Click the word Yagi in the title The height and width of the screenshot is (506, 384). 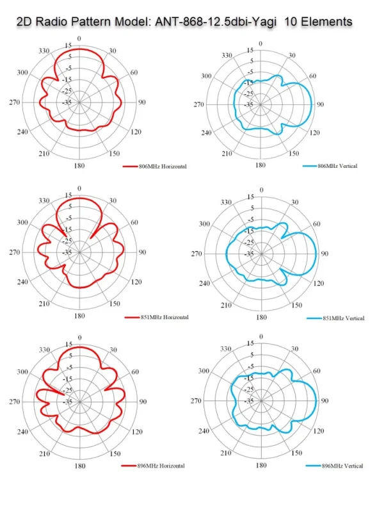point(263,22)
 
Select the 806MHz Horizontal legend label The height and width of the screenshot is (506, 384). point(163,167)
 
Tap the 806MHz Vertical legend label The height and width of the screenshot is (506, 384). point(337,166)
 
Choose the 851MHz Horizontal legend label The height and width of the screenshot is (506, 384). point(164,317)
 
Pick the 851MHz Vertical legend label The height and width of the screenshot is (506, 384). point(344,318)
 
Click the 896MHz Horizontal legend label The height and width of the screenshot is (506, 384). point(161,466)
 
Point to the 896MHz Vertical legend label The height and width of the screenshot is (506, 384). point(342,466)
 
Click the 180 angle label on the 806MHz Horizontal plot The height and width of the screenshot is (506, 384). point(79,166)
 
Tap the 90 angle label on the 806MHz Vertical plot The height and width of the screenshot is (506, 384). point(320,104)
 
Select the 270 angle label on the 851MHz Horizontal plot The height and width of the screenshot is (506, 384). point(15,252)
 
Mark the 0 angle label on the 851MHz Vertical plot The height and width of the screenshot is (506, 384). point(262,190)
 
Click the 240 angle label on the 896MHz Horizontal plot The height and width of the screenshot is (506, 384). point(22,432)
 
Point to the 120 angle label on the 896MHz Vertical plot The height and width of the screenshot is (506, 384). point(319,431)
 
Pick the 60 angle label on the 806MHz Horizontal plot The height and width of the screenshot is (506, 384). point(134,72)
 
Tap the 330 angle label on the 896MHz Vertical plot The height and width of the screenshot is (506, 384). point(226,349)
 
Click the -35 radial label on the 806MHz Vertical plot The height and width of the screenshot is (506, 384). point(248,104)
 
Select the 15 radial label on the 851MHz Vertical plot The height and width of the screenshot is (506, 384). point(250,197)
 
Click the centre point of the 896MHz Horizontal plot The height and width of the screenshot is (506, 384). point(79,402)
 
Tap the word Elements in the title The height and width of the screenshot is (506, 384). point(326,22)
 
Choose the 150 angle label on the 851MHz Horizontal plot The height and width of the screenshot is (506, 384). point(115,304)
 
